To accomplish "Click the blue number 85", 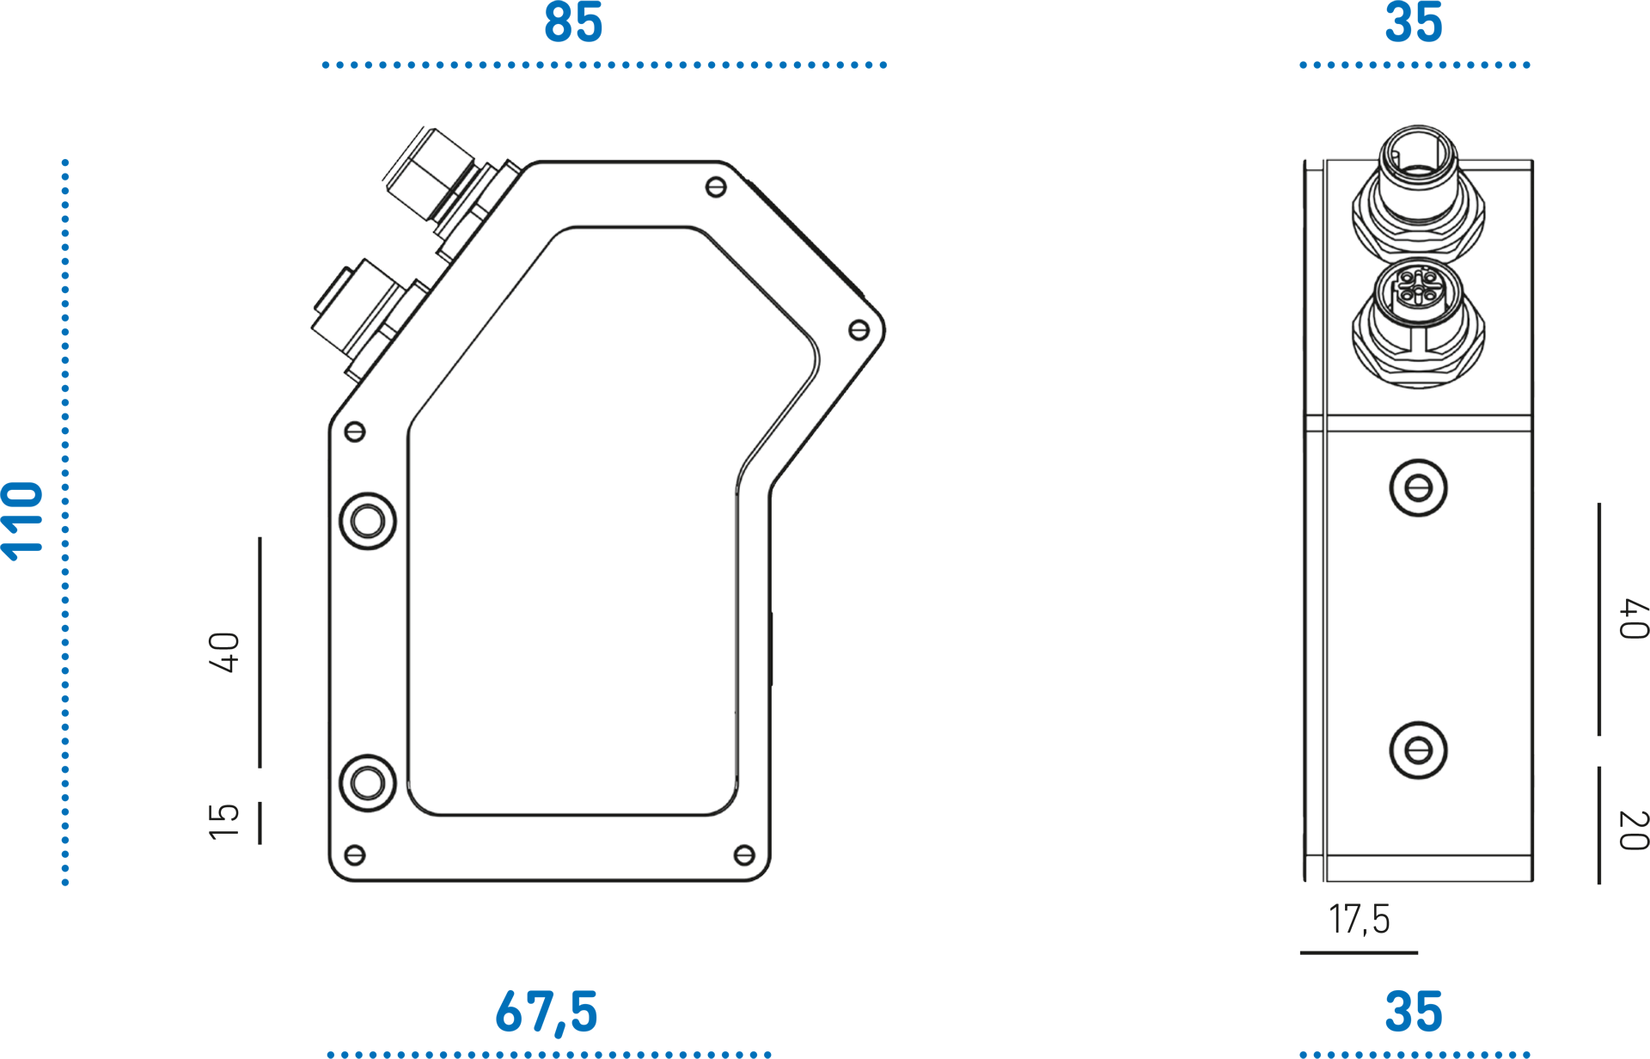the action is [573, 22].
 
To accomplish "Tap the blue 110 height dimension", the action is [22, 522].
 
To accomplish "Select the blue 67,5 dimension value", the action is [547, 1012].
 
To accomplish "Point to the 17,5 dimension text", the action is [1359, 919].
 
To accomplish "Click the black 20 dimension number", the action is [1634, 830].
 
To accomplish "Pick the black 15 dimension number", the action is [223, 822].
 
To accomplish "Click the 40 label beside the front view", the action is [223, 652].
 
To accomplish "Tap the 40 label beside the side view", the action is [1634, 619].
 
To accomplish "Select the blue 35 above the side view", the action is [1414, 22].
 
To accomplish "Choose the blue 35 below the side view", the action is [1414, 1012].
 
